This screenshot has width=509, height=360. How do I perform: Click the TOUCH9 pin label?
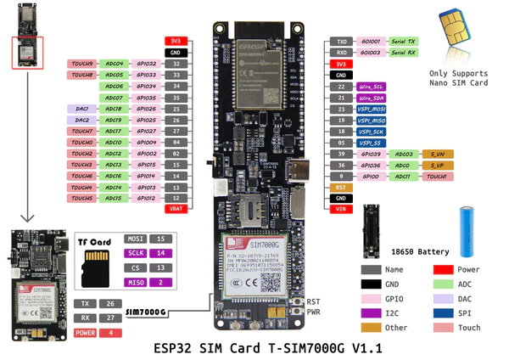(82, 64)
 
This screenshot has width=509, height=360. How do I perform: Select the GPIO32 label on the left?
(146, 64)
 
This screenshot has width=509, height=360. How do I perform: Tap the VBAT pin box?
(176, 209)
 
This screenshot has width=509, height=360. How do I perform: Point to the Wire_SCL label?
(372, 87)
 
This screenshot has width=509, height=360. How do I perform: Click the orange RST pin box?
(339, 187)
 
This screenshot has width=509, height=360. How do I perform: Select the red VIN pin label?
(339, 209)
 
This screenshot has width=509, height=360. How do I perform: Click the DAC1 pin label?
(82, 109)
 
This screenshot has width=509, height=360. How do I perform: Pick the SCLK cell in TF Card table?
(137, 253)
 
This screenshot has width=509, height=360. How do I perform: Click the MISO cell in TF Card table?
(137, 282)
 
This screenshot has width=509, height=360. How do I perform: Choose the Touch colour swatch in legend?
(444, 327)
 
